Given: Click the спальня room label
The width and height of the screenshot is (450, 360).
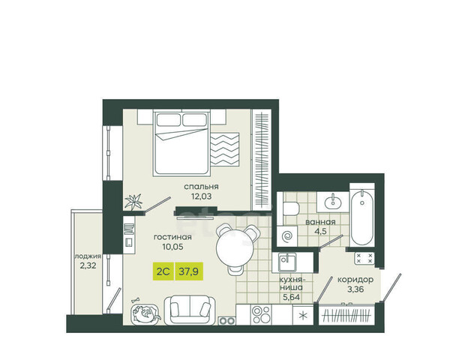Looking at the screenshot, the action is (201, 187).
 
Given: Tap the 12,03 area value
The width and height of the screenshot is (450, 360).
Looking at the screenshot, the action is (201, 196).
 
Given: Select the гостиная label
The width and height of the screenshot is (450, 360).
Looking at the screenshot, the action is (172, 237).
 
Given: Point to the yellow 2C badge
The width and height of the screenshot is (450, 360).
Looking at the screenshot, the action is (163, 271).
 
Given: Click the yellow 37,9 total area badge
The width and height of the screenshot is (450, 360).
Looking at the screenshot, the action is (189, 271).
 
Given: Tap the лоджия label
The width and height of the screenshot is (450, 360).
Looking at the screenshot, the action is (88, 256).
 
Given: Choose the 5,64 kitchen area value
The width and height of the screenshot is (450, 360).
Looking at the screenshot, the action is (291, 297).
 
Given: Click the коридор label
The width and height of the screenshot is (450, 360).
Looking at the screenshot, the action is (355, 279).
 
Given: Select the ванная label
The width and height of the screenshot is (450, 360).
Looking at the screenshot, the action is (320, 222).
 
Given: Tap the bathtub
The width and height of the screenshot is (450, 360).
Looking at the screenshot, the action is (362, 217).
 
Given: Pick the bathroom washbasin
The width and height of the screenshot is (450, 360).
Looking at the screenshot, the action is (333, 202).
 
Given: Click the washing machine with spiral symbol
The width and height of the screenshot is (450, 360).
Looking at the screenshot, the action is (287, 236).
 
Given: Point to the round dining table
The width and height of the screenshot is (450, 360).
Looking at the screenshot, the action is (235, 248).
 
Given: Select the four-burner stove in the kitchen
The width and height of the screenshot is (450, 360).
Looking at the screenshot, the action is (261, 315).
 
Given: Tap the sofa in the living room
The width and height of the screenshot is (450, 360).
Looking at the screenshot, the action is (190, 310).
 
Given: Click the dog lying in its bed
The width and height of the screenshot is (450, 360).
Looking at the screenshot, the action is (145, 314).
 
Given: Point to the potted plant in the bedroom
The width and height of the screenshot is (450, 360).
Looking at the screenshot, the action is (133, 201).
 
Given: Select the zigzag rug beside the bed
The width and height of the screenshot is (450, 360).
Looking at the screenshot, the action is (225, 149).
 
